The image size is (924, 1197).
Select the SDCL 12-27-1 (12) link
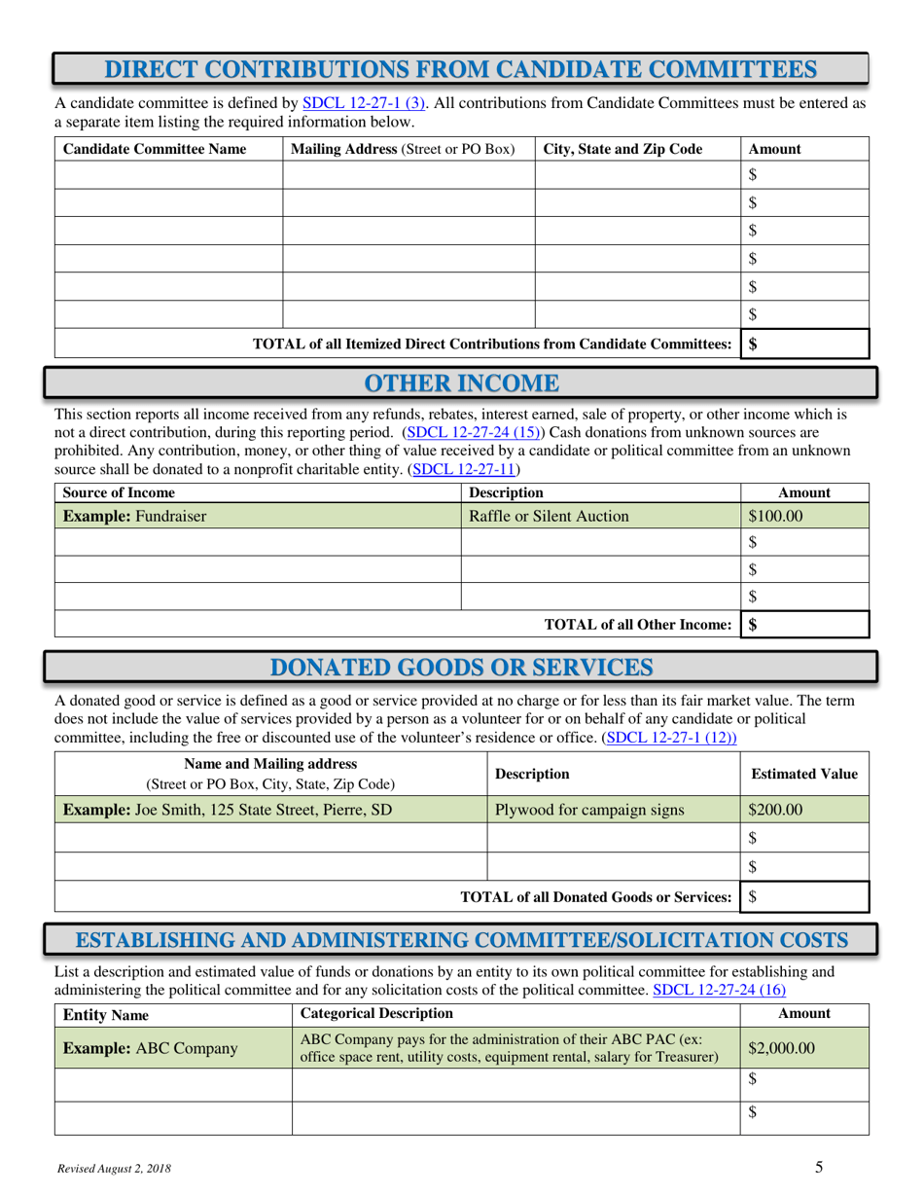point(670,738)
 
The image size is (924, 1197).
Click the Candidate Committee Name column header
point(155,149)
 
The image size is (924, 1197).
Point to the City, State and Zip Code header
point(622,149)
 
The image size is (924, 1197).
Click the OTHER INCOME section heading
point(461,382)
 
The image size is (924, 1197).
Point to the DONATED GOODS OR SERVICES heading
point(461,668)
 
